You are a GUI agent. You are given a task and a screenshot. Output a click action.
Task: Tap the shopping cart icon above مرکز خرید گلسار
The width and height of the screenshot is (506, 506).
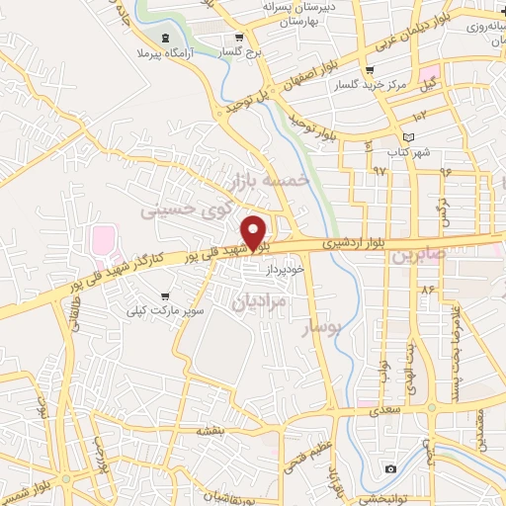coord(369,71)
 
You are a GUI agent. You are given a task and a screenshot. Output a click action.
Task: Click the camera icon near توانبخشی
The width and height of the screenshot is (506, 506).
coord(391,468)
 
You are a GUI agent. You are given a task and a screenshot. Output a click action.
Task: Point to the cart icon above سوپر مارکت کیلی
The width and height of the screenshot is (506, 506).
coord(164,295)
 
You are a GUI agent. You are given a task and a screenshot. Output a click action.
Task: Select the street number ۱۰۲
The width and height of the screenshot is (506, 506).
coord(419,116)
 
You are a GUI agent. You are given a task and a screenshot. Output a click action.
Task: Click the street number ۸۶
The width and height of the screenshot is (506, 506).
coord(428,290)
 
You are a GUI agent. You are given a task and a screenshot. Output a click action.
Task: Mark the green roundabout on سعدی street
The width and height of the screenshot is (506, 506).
coord(432,407)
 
